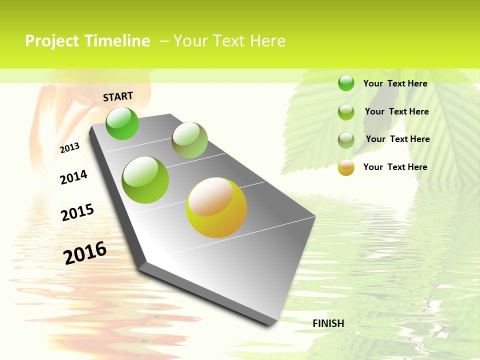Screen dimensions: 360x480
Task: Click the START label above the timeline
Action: [x=118, y=96]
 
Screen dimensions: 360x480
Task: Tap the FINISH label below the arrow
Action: [x=328, y=323]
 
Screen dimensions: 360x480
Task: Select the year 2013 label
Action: [x=70, y=147]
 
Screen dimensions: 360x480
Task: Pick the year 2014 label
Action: [x=73, y=177]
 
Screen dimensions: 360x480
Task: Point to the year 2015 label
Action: [x=77, y=212]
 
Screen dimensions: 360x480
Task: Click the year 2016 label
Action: [x=85, y=252]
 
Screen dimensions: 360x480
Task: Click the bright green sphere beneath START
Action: [x=122, y=123]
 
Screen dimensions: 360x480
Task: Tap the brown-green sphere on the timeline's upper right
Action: [x=189, y=140]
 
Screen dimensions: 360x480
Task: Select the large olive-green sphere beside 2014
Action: [x=145, y=180]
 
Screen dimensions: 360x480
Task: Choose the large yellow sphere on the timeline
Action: [x=216, y=207]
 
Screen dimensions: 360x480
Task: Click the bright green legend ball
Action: [x=346, y=83]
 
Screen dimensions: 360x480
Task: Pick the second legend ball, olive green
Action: [x=346, y=112]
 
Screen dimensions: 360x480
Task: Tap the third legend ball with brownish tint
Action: [x=346, y=140]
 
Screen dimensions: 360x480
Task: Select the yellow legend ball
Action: [x=346, y=168]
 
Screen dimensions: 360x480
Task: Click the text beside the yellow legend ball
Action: [x=395, y=167]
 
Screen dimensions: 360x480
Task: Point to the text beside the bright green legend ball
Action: [x=395, y=83]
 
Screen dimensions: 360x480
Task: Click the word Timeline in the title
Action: [x=117, y=41]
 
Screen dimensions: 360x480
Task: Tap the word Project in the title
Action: [x=53, y=41]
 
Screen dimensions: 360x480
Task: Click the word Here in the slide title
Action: [x=267, y=41]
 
